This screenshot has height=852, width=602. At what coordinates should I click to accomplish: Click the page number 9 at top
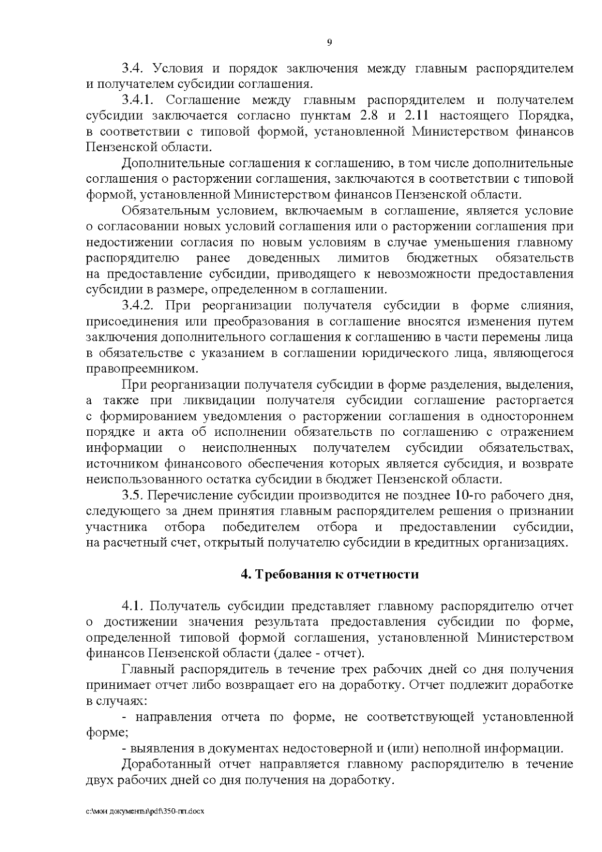pyautogui.click(x=329, y=43)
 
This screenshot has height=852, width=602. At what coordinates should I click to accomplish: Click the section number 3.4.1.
pyautogui.click(x=139, y=100)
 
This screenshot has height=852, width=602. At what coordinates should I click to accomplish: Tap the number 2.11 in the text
pyautogui.click(x=416, y=116)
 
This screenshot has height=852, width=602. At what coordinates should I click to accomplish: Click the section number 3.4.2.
pyautogui.click(x=139, y=305)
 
